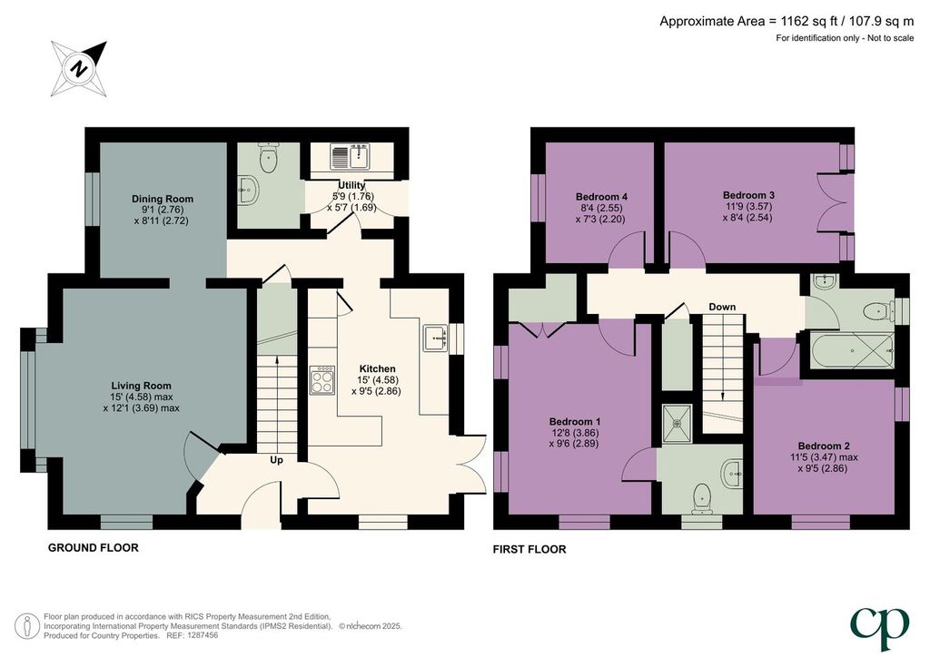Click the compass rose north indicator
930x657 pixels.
click(x=79, y=69)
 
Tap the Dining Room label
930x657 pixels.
click(x=163, y=199)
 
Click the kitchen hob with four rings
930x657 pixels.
click(x=322, y=379)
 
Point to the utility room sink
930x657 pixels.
click(x=350, y=156)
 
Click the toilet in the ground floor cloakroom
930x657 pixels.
click(x=269, y=158)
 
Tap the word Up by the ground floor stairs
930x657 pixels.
click(x=276, y=460)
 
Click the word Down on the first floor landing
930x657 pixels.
click(x=722, y=307)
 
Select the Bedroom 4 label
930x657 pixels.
click(x=601, y=197)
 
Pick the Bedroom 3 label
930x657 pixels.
click(x=748, y=195)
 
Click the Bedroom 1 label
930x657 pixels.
click(x=575, y=422)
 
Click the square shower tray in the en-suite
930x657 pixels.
click(x=677, y=424)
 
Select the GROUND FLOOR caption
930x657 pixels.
click(x=94, y=548)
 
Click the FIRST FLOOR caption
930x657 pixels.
click(x=529, y=550)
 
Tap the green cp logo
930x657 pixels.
click(x=879, y=629)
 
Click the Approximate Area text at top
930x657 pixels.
click(x=787, y=22)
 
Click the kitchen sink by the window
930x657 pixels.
click(x=435, y=338)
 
